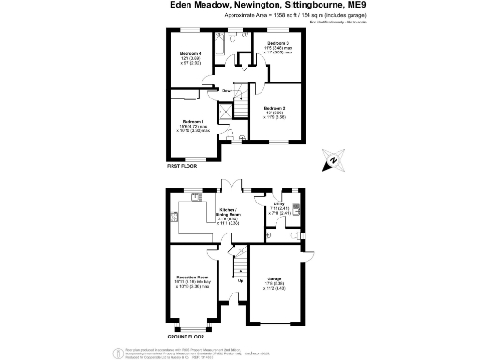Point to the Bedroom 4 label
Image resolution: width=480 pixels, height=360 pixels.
(x=191, y=54)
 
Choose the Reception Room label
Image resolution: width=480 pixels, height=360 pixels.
(x=192, y=278)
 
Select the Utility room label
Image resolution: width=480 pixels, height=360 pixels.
(x=279, y=202)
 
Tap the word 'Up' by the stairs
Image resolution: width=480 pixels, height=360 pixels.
(x=239, y=281)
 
